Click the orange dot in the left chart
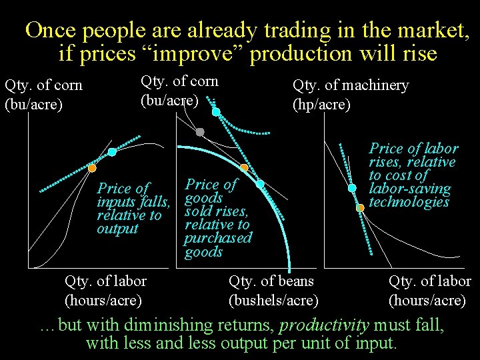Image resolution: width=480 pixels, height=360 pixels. point(92,168)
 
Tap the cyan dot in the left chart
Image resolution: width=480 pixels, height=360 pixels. point(112,153)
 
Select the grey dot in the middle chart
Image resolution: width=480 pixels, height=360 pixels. point(200,132)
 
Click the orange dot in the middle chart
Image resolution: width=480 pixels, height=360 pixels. point(245,167)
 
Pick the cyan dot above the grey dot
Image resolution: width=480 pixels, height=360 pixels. point(215,112)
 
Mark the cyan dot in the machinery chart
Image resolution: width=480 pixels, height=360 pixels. point(352,188)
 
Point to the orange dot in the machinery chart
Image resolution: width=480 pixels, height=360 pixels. point(360,207)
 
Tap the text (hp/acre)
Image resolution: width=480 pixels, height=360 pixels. point(321,105)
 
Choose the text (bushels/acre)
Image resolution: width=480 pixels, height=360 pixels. point(273,301)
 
